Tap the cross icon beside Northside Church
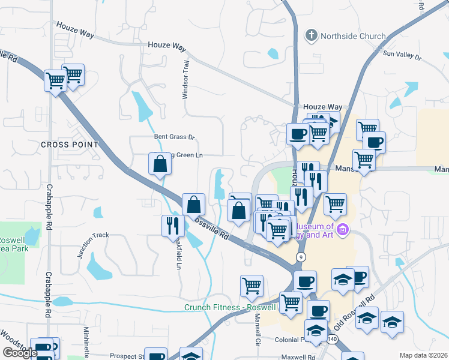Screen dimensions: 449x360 pyautogui.click(x=311, y=35)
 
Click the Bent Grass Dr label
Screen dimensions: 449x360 pyautogui.click(x=175, y=137)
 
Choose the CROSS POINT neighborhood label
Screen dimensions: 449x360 pyautogui.click(x=70, y=145)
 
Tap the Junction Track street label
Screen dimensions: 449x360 pyautogui.click(x=93, y=244)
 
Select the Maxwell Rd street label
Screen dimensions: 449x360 pyautogui.click(x=295, y=357)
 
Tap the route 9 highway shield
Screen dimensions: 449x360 pyautogui.click(x=300, y=257)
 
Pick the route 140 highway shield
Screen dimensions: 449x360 pyautogui.click(x=333, y=340)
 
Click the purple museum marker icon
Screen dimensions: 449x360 pyautogui.click(x=343, y=229)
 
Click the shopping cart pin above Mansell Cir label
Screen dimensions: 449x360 pyautogui.click(x=252, y=286)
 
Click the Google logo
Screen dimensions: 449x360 pyautogui.click(x=20, y=353)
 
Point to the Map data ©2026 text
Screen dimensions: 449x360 pyautogui.click(x=423, y=355)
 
